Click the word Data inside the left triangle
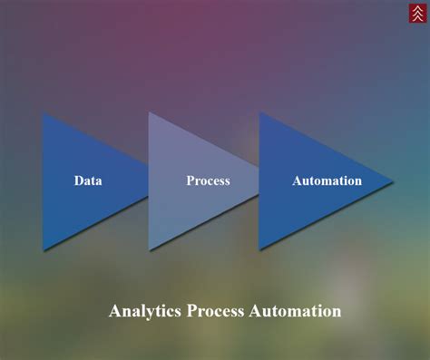point(88,180)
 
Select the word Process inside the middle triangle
point(208,180)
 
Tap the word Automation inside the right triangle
point(327,180)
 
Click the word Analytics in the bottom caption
point(145,311)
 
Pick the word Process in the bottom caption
point(216,311)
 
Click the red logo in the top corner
point(415,14)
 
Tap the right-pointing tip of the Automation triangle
point(392,180)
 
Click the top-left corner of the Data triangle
point(43,112)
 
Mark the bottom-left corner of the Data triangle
point(43,249)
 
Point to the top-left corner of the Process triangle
point(150,112)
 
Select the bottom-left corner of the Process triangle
point(150,249)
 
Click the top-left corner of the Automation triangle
point(259,112)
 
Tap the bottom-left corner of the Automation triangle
point(259,249)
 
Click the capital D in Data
point(79,180)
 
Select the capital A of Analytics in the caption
point(115,311)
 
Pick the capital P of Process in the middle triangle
point(191,180)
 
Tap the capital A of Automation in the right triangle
point(297,180)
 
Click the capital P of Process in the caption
point(191,311)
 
